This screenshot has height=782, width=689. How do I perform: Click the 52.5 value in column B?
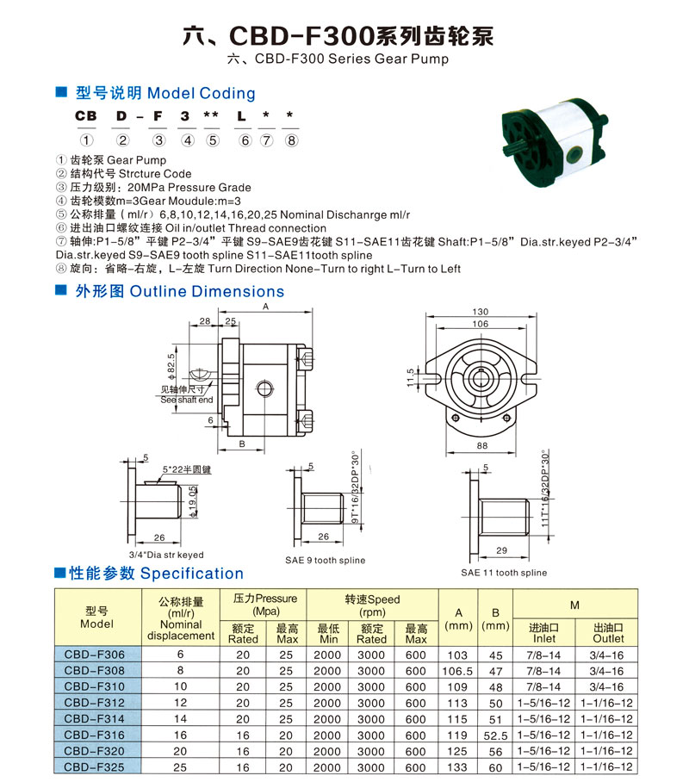click(494, 735)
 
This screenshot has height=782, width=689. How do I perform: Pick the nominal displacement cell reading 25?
click(181, 766)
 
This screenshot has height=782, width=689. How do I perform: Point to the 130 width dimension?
click(481, 312)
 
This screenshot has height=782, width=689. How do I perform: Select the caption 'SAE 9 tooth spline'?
click(326, 560)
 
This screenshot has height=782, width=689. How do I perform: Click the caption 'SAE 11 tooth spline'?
click(504, 573)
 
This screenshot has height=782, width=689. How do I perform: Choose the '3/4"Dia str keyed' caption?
click(165, 555)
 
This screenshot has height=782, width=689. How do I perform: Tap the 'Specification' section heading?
click(191, 574)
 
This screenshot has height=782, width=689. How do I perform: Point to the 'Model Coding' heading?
click(202, 93)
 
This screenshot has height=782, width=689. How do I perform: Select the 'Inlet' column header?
click(544, 638)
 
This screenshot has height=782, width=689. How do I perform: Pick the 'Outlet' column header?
click(608, 638)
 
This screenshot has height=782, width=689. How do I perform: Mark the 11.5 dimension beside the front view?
click(412, 377)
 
